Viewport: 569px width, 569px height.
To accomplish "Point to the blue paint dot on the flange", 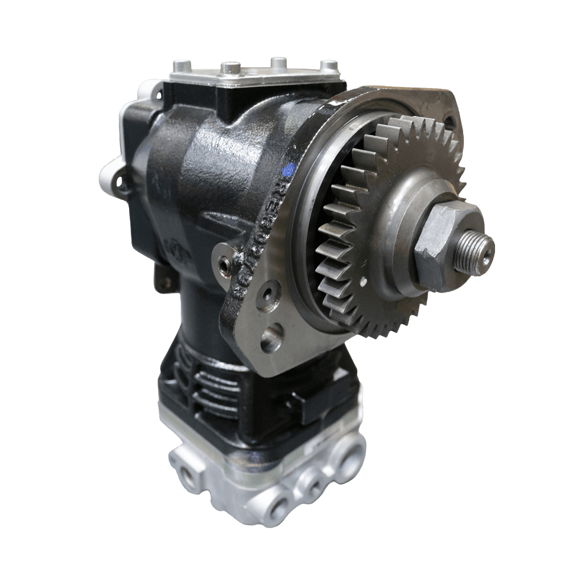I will pyautogui.click(x=289, y=168).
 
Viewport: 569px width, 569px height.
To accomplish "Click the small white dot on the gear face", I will pyautogui.click(x=362, y=280).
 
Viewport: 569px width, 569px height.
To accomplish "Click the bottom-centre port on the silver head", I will pyautogui.click(x=273, y=506).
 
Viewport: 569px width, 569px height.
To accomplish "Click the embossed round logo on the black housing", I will pyautogui.click(x=173, y=248).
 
